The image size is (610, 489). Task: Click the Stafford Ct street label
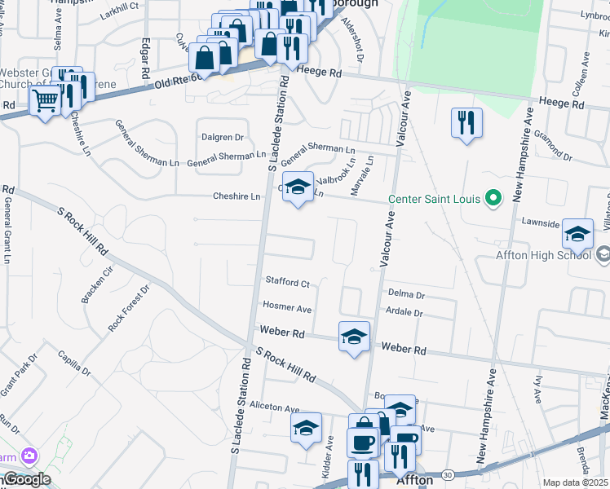coord(287,284)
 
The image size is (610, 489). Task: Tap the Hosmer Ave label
coord(287,308)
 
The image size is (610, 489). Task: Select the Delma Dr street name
coord(407,294)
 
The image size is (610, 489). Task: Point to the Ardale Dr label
coord(406,312)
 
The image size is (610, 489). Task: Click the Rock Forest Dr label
coord(129,307)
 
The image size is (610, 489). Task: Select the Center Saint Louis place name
coord(435,199)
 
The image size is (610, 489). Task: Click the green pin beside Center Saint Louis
coord(493,198)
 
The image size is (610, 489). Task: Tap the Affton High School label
coord(542,254)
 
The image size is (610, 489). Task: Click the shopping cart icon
coord(45,101)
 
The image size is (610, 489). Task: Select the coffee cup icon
coord(362,442)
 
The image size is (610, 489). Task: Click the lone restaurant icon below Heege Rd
coord(466,123)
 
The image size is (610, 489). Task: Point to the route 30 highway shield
coord(447,474)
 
